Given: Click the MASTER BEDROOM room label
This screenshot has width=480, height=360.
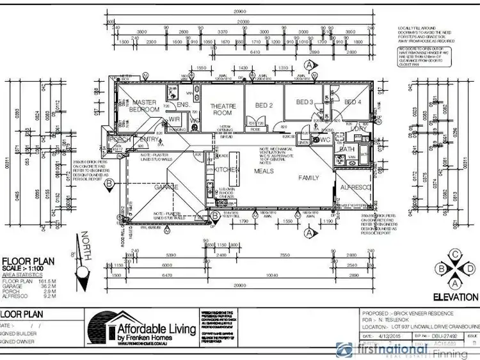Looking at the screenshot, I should pos(145,106).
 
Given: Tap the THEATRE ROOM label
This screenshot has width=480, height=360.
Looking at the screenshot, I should pos(225,109).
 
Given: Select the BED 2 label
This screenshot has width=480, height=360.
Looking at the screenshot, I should pos(264,105).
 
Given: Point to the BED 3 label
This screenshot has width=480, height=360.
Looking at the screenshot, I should pos(304,102).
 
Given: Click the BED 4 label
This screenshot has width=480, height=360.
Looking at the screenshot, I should pos(353,102).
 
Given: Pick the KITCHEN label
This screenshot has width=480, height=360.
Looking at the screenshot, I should pos(227,169).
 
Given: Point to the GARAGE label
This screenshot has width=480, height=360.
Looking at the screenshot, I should pos(166,187).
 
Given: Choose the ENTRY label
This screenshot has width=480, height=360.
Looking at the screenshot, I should pos(149,139).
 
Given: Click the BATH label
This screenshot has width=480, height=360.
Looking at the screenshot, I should pos(348,148).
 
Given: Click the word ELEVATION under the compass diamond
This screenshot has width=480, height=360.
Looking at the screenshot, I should pos(455,297).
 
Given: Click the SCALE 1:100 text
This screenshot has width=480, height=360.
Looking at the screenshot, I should pos(24,269).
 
